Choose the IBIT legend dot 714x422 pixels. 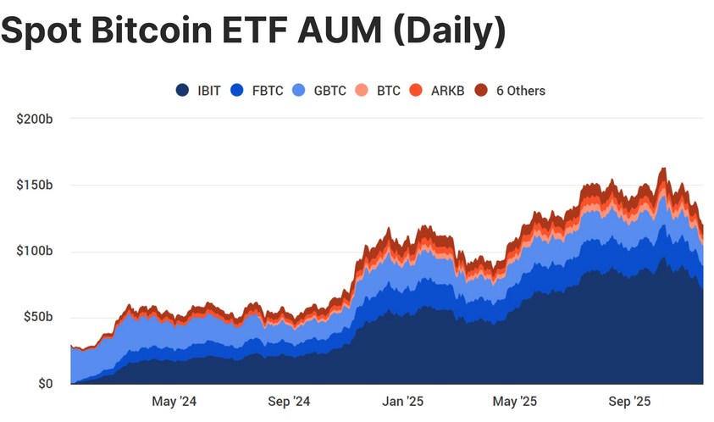click(x=182, y=91)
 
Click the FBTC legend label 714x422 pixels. click(x=267, y=91)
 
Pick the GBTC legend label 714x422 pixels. click(x=329, y=91)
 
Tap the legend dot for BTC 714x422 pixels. click(x=362, y=91)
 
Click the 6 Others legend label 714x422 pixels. click(x=520, y=91)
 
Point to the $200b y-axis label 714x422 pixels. click(x=36, y=119)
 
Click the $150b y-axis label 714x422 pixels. click(x=36, y=185)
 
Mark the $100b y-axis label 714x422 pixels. click(x=36, y=252)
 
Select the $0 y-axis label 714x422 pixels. click(x=47, y=384)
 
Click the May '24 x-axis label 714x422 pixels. click(x=174, y=401)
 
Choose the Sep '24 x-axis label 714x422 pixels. click(x=289, y=401)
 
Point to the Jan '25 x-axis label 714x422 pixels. click(x=402, y=401)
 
